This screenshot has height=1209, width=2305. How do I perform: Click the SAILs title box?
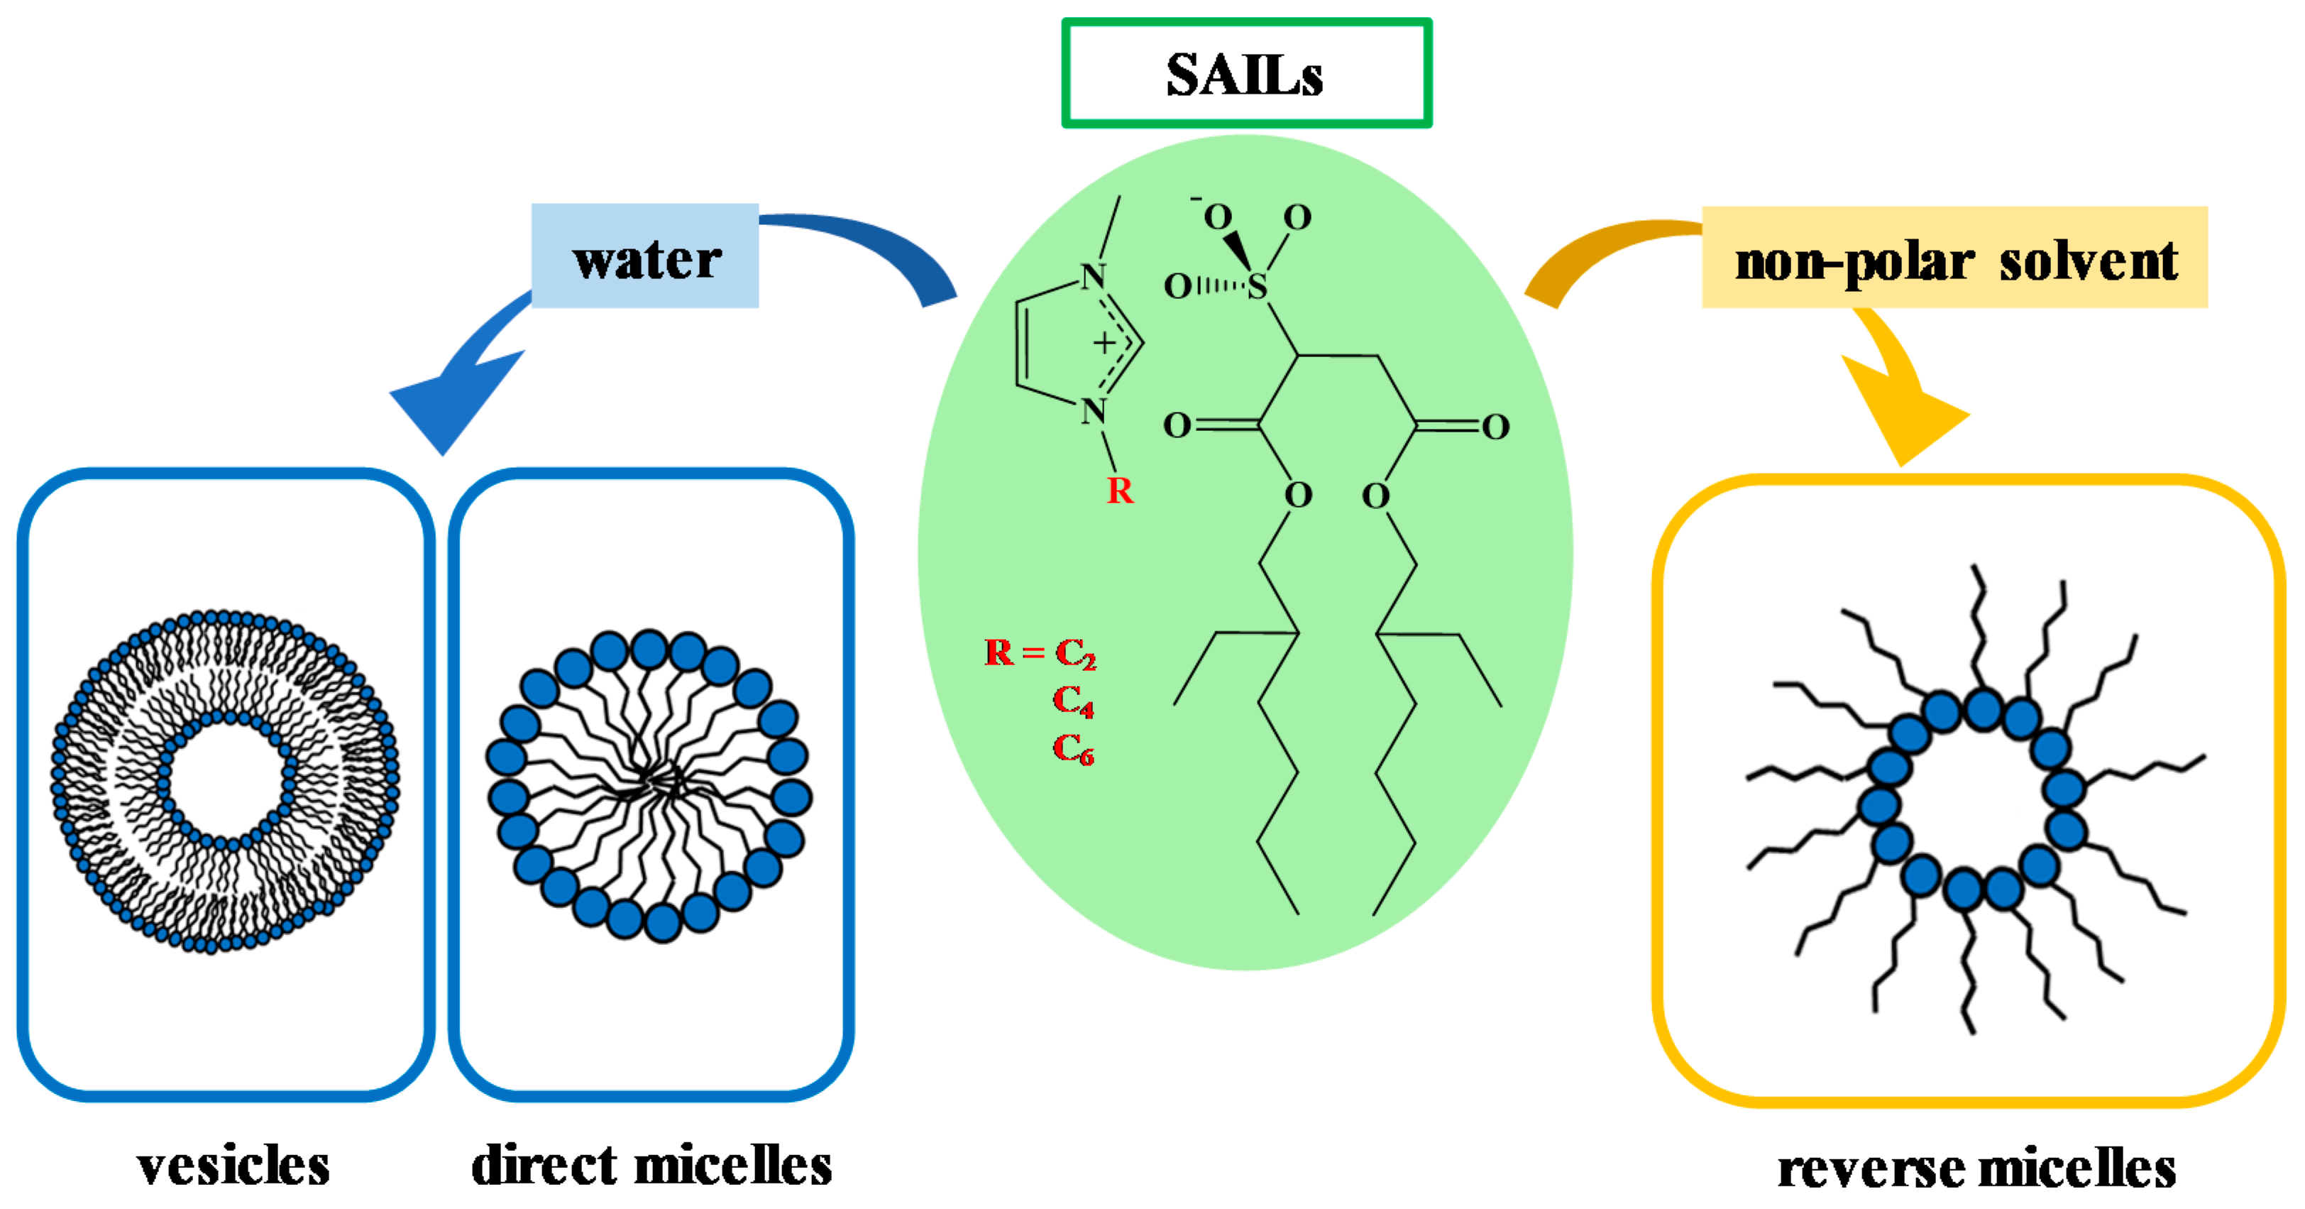click(1245, 73)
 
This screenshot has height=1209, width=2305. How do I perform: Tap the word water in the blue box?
click(646, 260)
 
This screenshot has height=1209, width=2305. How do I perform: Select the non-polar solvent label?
click(1955, 261)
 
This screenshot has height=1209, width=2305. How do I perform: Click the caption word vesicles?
click(233, 1166)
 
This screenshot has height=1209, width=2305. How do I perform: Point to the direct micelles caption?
click(651, 1166)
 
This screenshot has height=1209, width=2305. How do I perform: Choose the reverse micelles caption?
click(1976, 1169)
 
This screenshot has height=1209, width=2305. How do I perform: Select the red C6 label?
click(1073, 749)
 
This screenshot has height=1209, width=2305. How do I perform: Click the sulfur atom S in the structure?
click(1258, 286)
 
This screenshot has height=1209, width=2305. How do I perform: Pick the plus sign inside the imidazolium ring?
click(1104, 343)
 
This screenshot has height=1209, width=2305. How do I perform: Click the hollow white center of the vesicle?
click(226, 780)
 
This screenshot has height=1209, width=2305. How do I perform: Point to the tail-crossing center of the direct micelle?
click(658, 784)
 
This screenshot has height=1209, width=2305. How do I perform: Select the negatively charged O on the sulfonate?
click(1217, 217)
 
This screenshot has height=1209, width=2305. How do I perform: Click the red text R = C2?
click(1040, 653)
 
